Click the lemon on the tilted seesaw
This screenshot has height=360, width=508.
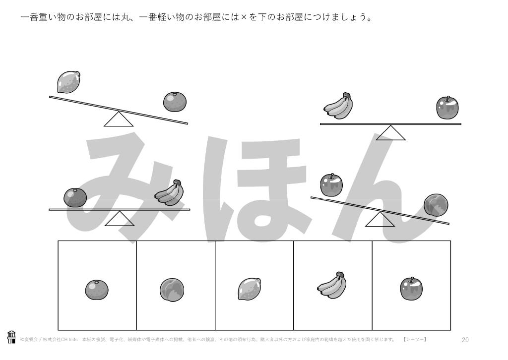pos(68,82)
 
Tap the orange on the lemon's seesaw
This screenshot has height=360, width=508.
pos(175,102)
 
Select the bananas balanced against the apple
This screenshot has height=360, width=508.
pos(338,106)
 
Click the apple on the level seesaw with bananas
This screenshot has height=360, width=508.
pos(447,108)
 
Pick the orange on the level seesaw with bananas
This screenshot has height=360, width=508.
pos(75,197)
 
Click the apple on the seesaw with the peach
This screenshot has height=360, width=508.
pos(331,185)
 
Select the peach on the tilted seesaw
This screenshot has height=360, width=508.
pos(436,205)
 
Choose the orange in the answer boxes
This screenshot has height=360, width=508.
pos(97,290)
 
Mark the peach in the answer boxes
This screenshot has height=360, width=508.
pos(172,290)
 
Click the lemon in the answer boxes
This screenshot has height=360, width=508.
pos(250,289)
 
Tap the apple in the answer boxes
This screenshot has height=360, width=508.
pos(411,289)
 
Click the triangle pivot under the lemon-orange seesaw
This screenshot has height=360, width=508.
pos(119,120)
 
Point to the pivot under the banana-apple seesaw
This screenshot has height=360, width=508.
pos(390,133)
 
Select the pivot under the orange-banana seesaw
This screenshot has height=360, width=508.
pos(119,219)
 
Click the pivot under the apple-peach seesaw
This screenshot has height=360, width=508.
pos(380,219)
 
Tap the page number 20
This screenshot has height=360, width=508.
pos(465,340)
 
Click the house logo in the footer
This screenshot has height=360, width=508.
pos(11,337)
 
